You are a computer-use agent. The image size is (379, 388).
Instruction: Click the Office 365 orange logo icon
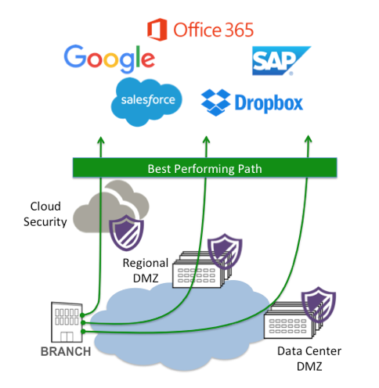(157, 30)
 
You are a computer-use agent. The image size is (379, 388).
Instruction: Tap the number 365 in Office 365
(239, 30)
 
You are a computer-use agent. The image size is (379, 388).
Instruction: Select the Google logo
(110, 59)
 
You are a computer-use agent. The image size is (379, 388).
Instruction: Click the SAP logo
(281, 61)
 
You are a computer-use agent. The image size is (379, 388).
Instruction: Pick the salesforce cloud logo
(146, 102)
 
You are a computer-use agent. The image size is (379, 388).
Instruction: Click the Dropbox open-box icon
(215, 102)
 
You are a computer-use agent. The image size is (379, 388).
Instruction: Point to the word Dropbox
(269, 103)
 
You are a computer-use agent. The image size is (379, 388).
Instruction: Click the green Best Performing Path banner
(205, 167)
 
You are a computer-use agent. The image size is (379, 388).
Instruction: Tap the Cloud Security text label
(45, 214)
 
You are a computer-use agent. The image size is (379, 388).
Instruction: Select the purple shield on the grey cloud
(126, 232)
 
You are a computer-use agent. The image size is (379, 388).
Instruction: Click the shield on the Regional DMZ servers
(225, 251)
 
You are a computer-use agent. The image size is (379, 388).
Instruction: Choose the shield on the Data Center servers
(319, 304)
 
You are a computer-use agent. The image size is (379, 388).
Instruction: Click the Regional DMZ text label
(146, 271)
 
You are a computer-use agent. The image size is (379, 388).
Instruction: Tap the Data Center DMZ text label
(309, 358)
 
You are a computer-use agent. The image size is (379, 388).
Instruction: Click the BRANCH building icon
(67, 322)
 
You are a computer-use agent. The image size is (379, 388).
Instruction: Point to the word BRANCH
(66, 351)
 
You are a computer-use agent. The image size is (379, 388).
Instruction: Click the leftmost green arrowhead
(101, 140)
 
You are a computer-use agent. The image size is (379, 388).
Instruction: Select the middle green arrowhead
(206, 140)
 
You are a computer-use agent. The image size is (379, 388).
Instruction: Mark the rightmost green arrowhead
(309, 139)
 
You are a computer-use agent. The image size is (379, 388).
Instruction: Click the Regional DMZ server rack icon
(201, 270)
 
